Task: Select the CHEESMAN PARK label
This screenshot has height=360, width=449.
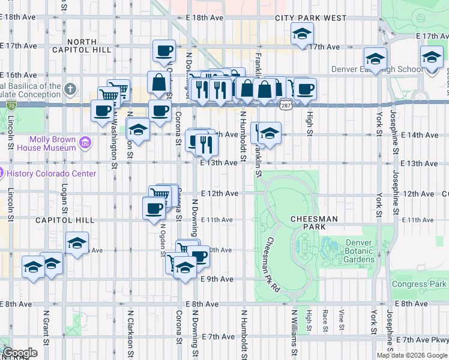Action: pos(314,223)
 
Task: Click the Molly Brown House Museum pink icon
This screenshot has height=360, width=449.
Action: pos(85,142)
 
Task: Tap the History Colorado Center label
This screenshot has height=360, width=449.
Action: pos(50,173)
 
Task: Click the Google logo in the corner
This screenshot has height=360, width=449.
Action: pos(20,353)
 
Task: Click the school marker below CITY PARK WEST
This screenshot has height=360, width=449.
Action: pos(302,34)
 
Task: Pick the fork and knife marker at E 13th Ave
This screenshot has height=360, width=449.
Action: pos(207,144)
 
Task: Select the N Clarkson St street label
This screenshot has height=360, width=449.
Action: pos(130,333)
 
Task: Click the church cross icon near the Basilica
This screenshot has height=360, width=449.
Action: pos(71,90)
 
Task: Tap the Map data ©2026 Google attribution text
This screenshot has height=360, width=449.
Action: pos(412,355)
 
